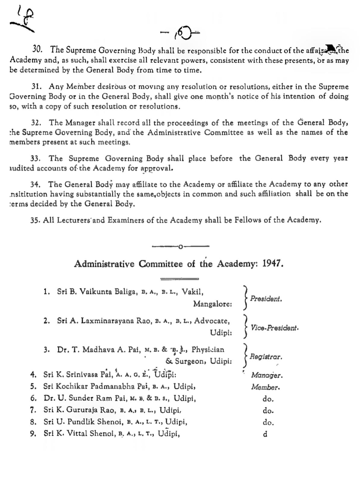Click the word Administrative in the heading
click(x=104, y=264)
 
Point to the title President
click(x=266, y=299)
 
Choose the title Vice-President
click(x=274, y=328)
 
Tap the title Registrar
click(x=266, y=357)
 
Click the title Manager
click(x=267, y=375)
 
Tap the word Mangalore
click(x=212, y=304)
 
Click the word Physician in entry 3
click(x=208, y=349)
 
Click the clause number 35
click(x=35, y=220)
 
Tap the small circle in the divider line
click(x=180, y=247)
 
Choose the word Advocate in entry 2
click(x=212, y=321)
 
